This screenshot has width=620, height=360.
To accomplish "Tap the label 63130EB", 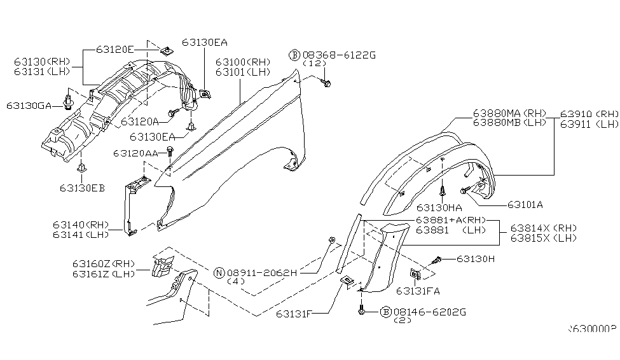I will point(83,188).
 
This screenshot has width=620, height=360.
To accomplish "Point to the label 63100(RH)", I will point(242,62).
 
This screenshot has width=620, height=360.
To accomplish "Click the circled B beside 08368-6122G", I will point(294,55).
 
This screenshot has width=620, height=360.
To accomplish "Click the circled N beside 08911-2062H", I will point(219,272).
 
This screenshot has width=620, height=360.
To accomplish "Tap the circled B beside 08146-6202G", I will point(385,312).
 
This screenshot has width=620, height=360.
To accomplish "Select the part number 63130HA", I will point(439,207).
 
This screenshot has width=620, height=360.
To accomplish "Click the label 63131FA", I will point(417,291).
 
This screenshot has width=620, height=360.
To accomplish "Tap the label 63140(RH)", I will point(81,224).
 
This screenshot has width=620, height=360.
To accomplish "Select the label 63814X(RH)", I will point(542,228).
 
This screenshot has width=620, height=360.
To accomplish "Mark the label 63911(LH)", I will point(589,124).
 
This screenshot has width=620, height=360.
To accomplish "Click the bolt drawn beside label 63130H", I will point(436,260).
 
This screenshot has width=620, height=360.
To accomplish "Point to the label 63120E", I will point(116,49).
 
